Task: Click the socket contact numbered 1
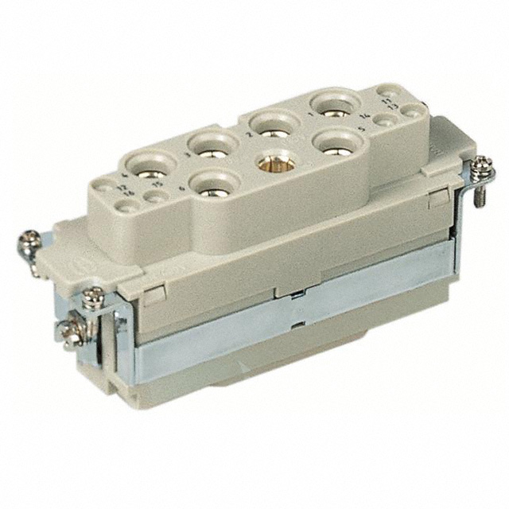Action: (x=328, y=104)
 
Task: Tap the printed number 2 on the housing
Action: (x=248, y=136)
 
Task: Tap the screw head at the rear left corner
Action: (x=30, y=239)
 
